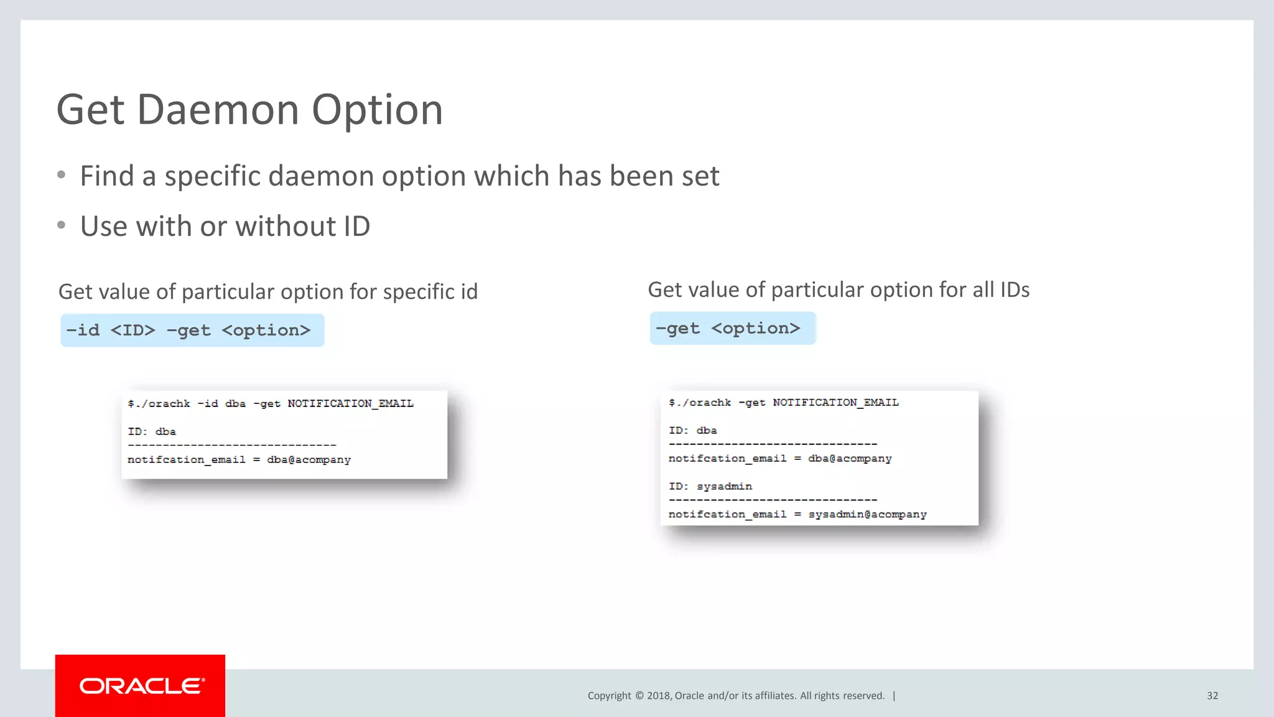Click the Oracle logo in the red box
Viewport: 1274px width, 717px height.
pos(141,686)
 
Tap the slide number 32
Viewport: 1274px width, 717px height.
pos(1212,696)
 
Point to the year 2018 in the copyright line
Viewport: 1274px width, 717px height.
pos(658,696)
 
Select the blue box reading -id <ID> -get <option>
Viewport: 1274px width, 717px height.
pos(192,330)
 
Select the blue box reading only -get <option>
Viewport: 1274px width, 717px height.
pos(732,329)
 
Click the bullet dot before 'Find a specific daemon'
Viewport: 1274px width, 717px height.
pos(61,176)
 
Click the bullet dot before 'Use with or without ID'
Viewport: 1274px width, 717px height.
pos(61,225)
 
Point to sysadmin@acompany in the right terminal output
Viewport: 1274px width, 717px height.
pos(867,515)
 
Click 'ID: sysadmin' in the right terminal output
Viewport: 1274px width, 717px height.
pos(710,487)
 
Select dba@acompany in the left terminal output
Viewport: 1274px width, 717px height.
pos(309,460)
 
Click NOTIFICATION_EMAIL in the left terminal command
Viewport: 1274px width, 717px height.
pos(350,404)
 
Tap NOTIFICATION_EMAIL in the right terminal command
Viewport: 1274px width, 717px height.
pos(835,403)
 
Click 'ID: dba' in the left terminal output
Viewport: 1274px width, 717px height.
pos(152,432)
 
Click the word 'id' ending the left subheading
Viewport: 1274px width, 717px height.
pos(468,292)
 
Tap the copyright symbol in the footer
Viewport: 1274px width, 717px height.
pos(639,696)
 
